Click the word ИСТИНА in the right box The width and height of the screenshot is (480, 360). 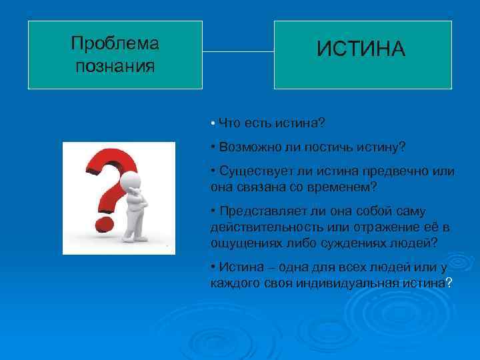(x=361, y=49)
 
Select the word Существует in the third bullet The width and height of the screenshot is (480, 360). (x=252, y=171)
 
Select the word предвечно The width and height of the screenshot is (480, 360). (x=395, y=171)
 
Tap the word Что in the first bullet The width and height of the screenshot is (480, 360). (x=228, y=123)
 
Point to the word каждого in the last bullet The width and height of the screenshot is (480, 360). (x=236, y=283)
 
